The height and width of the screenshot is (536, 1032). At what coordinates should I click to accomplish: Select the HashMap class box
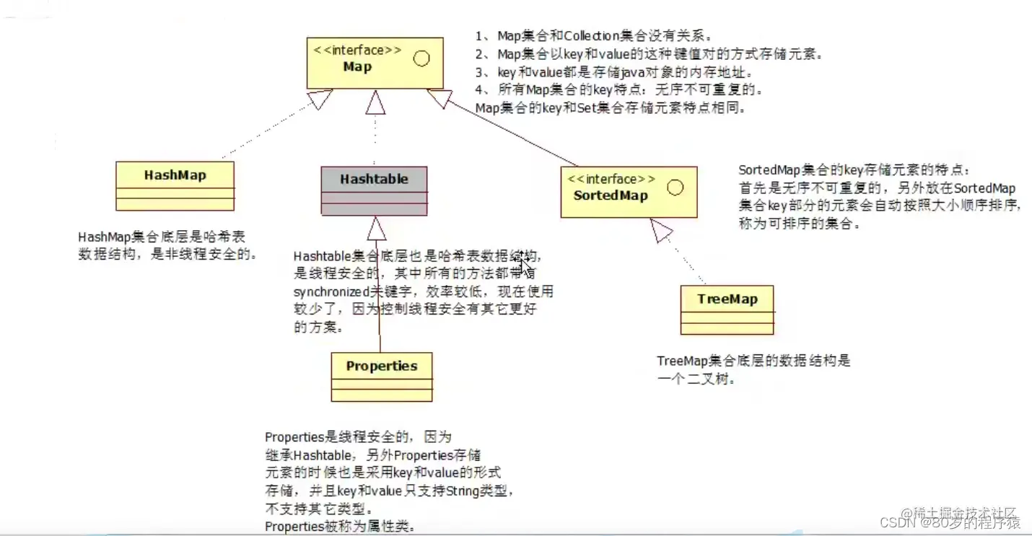pos(175,185)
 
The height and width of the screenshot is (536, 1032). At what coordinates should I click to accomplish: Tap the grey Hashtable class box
pos(374,190)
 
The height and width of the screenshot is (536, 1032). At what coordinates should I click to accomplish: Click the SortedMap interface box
pos(629,191)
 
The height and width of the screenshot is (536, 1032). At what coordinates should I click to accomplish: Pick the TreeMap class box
pos(727,309)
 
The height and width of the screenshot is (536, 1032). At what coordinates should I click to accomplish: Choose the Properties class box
pos(381,377)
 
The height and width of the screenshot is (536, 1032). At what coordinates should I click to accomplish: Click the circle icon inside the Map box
pos(421,58)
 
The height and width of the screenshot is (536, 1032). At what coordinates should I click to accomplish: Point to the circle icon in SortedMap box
pos(675,188)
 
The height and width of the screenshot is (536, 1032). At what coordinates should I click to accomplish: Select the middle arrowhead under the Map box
pos(375,102)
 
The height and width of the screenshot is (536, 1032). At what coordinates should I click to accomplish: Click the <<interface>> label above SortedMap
pos(611,179)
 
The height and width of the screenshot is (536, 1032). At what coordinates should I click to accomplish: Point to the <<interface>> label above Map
pos(358,50)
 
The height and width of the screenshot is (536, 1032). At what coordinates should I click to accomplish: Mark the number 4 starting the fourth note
pos(480,91)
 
